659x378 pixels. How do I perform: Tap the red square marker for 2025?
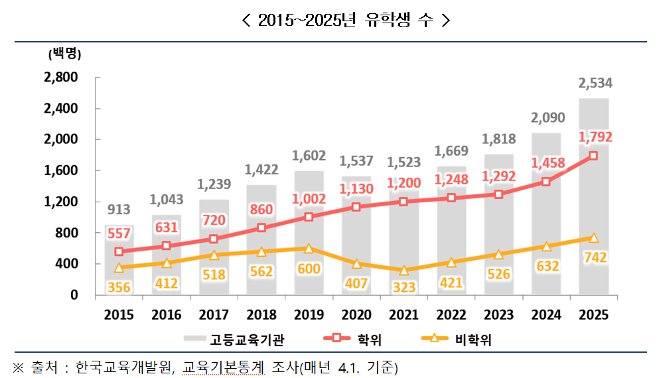point(593,156)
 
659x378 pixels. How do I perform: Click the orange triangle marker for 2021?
point(403,271)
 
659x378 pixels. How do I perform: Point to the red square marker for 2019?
point(309,217)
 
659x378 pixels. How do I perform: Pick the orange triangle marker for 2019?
point(309,249)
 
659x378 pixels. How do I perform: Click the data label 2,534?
point(595,84)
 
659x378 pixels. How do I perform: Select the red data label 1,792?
point(595,137)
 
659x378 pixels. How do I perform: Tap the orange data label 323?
point(403,286)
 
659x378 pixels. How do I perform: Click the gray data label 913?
point(119,210)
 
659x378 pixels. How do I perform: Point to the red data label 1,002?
point(309,199)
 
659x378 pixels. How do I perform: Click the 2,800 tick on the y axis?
point(60,78)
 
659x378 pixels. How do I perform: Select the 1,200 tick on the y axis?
point(60,202)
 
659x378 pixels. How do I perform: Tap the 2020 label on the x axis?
point(356,314)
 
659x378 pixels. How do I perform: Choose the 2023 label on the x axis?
point(498,314)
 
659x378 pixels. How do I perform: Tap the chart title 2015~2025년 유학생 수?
point(345,21)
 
